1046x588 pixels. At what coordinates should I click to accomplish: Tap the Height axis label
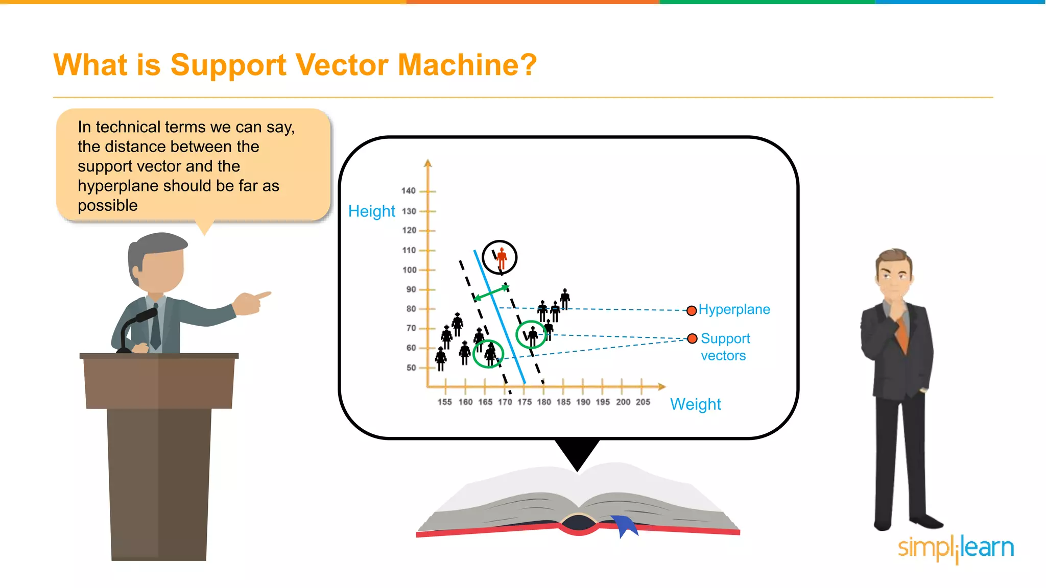pos(371,211)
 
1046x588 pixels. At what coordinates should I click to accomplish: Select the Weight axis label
pos(695,404)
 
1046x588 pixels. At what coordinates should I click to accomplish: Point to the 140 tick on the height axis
pos(409,191)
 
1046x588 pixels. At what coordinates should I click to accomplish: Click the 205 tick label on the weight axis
pos(643,402)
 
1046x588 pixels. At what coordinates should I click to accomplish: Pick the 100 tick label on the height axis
pos(409,270)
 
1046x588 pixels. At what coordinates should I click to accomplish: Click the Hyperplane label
pos(734,309)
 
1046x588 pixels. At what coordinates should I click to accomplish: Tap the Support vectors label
pos(725,347)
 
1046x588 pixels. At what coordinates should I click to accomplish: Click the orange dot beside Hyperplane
pos(692,311)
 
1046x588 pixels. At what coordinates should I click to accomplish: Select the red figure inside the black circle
pos(502,258)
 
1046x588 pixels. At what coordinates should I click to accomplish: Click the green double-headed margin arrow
pos(491,293)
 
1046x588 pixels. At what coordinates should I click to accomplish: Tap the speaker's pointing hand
pos(251,303)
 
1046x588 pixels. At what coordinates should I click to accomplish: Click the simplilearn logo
pos(955,548)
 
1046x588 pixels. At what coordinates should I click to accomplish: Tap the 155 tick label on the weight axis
pos(444,402)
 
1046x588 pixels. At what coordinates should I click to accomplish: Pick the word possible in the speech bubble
pos(108,206)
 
